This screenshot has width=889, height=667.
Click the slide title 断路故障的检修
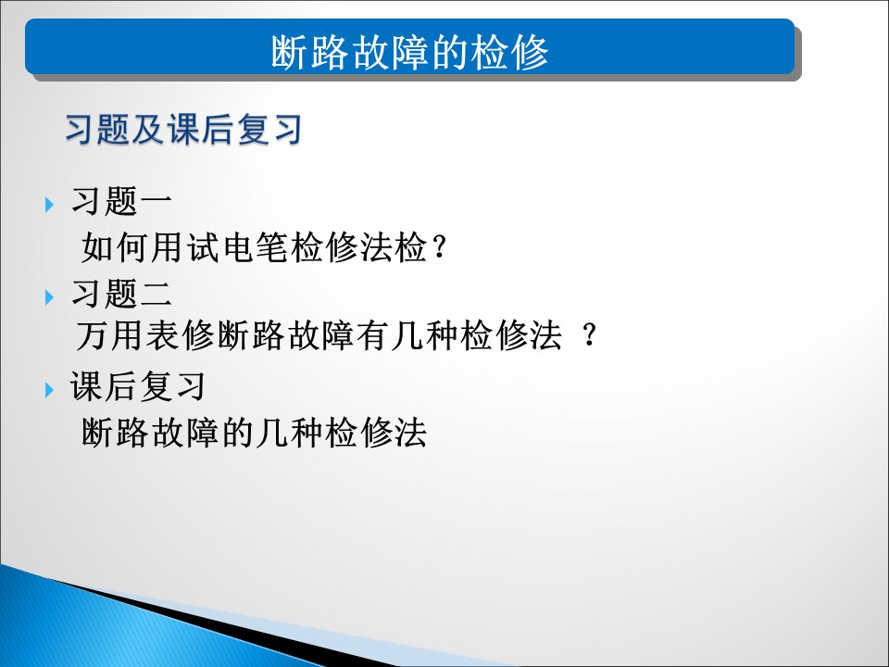pos(409,52)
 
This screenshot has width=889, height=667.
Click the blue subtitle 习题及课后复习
pos(183,130)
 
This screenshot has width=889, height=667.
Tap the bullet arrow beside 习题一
pos(49,204)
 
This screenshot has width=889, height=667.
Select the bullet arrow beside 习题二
pos(49,296)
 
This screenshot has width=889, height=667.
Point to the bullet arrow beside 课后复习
pos(49,390)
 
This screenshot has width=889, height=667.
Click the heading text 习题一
pos(121,201)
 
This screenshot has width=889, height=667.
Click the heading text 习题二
pos(121,294)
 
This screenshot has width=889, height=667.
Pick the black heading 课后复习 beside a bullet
pos(138,386)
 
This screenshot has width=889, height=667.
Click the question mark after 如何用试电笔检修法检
pos(439,247)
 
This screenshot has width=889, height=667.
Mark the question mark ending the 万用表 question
pos(590,334)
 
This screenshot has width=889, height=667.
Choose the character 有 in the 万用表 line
pos(372,334)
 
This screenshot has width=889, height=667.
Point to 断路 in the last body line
pos(115,433)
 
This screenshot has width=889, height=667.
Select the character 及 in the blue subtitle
pos(148,130)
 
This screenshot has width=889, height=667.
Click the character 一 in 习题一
pos(156,201)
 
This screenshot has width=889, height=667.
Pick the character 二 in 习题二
pos(156,294)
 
